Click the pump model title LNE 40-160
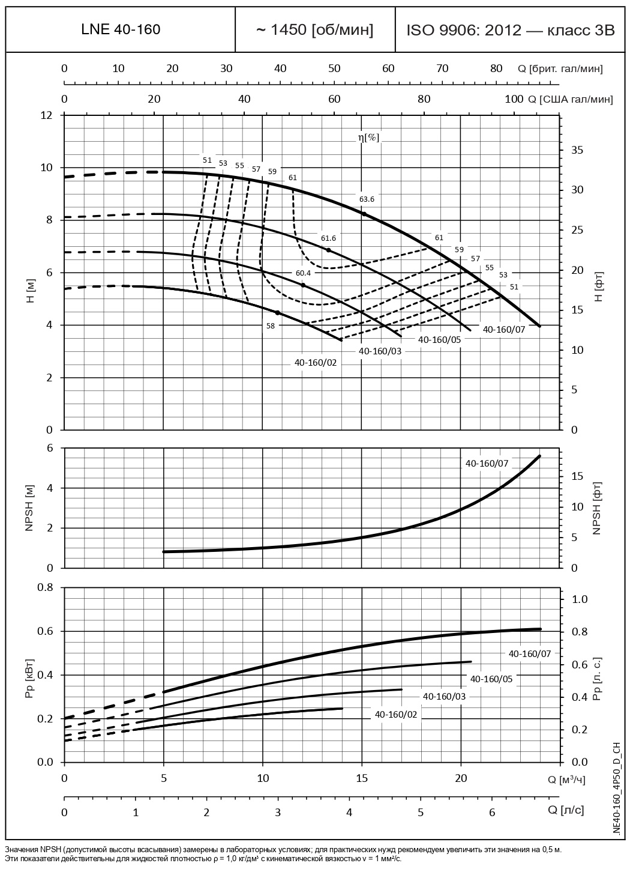[x=121, y=29]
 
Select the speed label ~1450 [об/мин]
[x=315, y=29]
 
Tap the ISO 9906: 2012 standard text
[x=511, y=30]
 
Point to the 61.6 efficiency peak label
[x=328, y=238]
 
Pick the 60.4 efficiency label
[x=303, y=273]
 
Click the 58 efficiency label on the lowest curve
[x=271, y=325]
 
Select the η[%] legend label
[x=368, y=138]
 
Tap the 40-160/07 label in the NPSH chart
[x=487, y=463]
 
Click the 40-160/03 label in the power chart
[x=444, y=696]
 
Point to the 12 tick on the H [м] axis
[x=47, y=115]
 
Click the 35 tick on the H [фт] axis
[x=577, y=150]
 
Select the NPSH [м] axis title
[x=30, y=508]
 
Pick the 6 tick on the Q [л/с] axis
[x=492, y=812]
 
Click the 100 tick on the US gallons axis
[x=514, y=99]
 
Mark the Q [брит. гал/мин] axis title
[x=560, y=68]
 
